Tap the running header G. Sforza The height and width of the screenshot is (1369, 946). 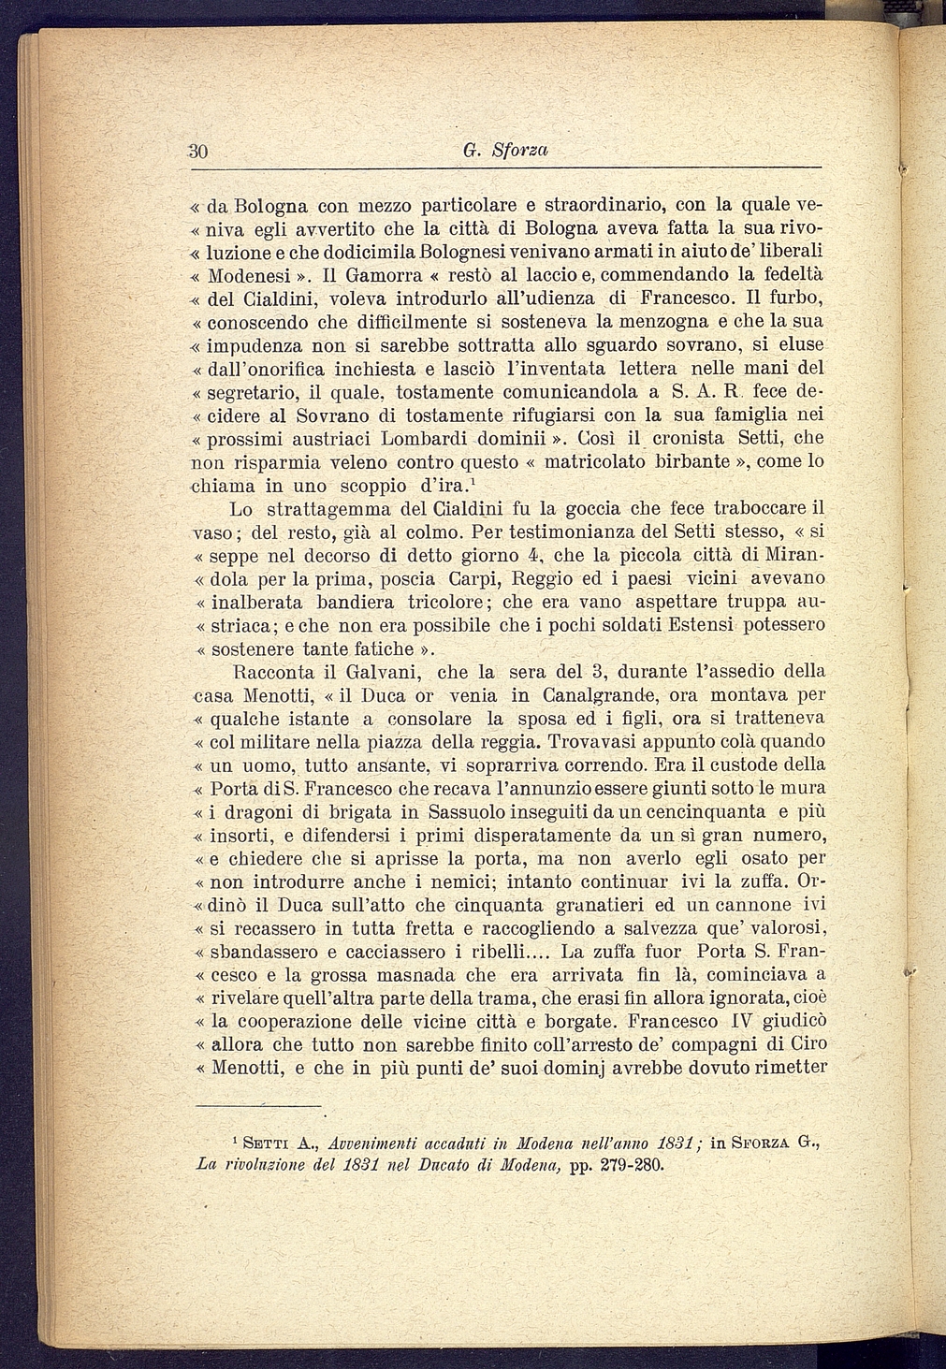505,150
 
